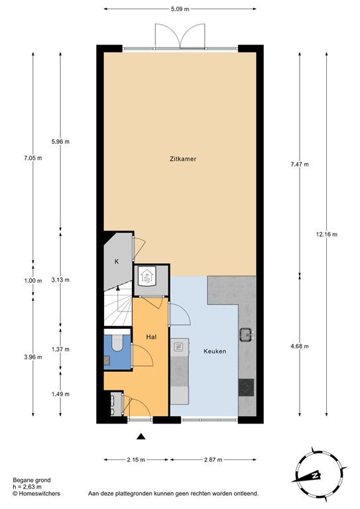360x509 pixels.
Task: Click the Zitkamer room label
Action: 180,159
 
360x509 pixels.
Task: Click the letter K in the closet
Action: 117,262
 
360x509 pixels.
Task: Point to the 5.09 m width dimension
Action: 180,9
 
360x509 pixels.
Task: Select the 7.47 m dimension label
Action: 300,164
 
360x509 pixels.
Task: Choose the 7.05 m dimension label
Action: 32,158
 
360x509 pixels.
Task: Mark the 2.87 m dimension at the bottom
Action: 212,459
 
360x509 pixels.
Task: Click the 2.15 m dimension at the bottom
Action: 136,459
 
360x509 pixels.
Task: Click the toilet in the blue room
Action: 117,342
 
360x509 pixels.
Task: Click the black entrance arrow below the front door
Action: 141,435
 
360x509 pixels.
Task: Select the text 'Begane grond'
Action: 31,481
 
